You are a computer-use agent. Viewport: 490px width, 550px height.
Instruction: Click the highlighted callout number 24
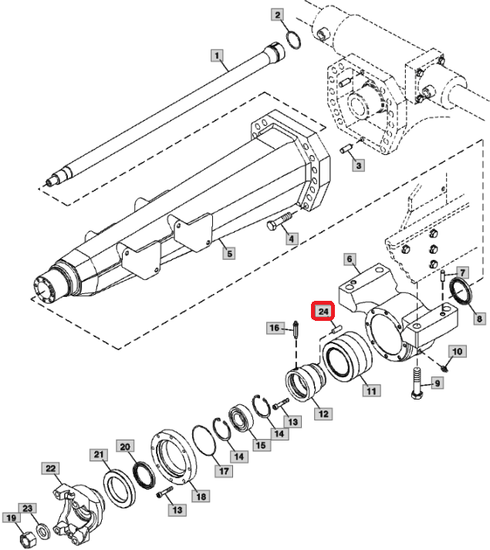[x=323, y=311]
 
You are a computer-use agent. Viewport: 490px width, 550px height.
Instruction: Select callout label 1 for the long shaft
[x=217, y=56]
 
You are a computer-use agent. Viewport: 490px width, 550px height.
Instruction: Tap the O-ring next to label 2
[x=294, y=40]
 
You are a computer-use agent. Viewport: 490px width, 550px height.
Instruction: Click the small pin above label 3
[x=346, y=150]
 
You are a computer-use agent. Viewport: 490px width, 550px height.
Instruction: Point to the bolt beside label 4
[x=279, y=221]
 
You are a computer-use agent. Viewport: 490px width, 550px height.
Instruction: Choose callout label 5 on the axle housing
[x=229, y=253]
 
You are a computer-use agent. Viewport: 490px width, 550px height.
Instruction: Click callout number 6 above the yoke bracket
[x=350, y=259]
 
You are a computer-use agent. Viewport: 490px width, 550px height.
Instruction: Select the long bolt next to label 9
[x=416, y=383]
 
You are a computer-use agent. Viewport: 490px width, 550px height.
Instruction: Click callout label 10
[x=457, y=351]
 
